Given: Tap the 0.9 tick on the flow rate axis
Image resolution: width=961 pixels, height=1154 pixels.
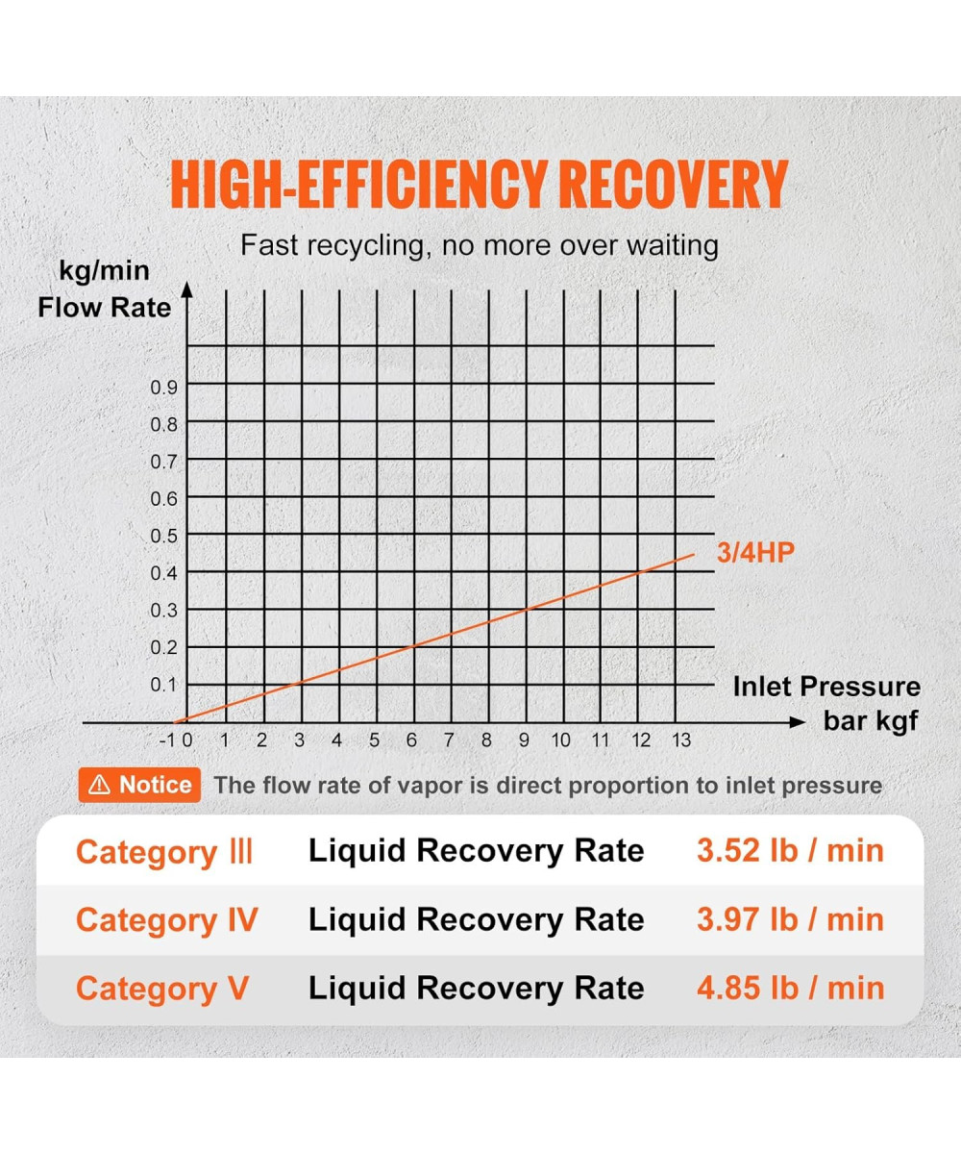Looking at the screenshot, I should coord(164,387).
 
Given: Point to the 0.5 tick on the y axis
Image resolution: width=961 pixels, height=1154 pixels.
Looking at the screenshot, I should coord(164,535).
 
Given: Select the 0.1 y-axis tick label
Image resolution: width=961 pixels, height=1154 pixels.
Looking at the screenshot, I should coord(164,685).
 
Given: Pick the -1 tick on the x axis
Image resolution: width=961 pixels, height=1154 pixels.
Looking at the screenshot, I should coord(168,740).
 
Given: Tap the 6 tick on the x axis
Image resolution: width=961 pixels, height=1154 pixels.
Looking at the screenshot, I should coord(412,740).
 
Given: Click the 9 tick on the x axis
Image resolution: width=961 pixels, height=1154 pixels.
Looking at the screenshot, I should coord(525,740).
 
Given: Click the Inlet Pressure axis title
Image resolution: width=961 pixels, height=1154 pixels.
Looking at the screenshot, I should coord(826,687).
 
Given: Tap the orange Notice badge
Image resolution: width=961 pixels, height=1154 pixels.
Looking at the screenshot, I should coord(140,785).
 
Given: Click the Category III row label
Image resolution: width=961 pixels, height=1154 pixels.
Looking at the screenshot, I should coord(164,853).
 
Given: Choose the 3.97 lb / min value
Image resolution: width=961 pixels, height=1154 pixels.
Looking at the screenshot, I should coord(790,919).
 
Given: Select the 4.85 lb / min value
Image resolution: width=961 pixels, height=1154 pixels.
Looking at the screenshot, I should coord(790,988).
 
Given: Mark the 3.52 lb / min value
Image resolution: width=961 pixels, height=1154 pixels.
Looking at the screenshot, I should coord(790,851).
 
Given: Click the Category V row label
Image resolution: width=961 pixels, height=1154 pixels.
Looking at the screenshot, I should coord(161,989).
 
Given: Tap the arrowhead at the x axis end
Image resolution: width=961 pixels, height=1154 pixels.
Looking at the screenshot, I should coord(797,721).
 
